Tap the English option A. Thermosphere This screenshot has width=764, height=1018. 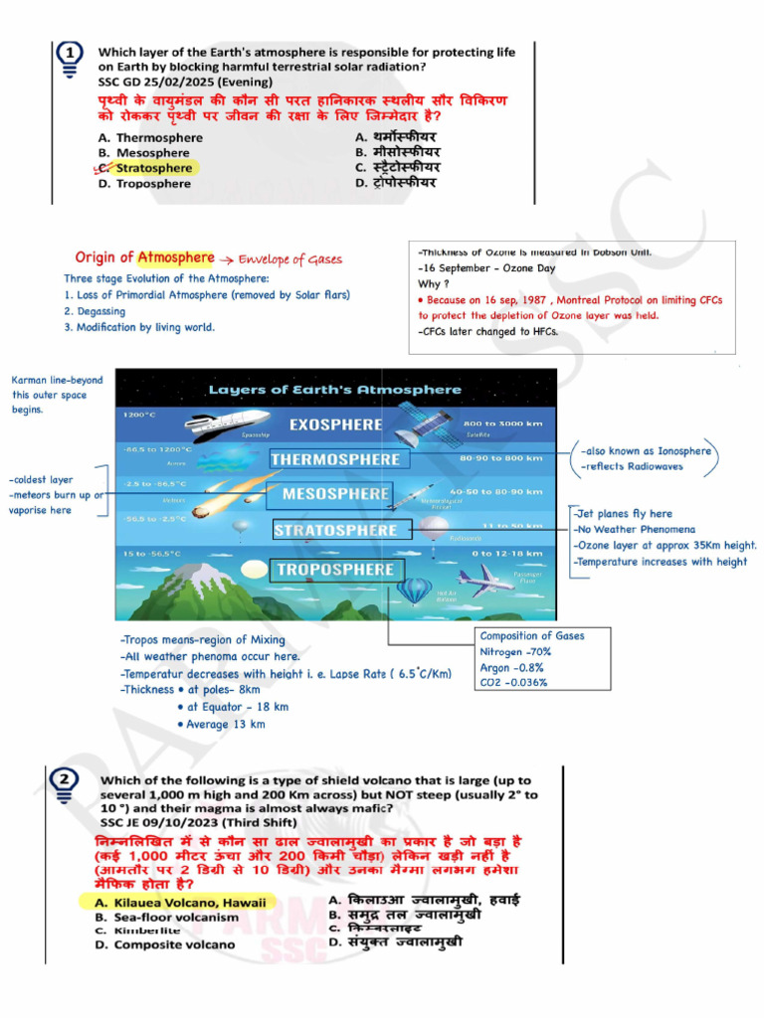coord(150,137)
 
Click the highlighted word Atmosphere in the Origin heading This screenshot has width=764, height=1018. coord(176,257)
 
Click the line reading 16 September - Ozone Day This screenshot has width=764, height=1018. coord(489,268)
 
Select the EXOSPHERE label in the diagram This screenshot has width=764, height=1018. coord(335,424)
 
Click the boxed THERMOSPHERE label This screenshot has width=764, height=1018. coord(335,459)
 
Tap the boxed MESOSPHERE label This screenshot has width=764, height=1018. coord(336,494)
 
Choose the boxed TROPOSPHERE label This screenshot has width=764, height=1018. coord(335,570)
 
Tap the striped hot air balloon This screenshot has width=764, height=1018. coord(412,590)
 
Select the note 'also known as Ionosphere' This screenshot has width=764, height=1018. coord(649,450)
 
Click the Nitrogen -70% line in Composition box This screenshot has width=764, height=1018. coord(515,652)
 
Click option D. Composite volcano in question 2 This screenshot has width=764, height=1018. coord(165,944)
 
